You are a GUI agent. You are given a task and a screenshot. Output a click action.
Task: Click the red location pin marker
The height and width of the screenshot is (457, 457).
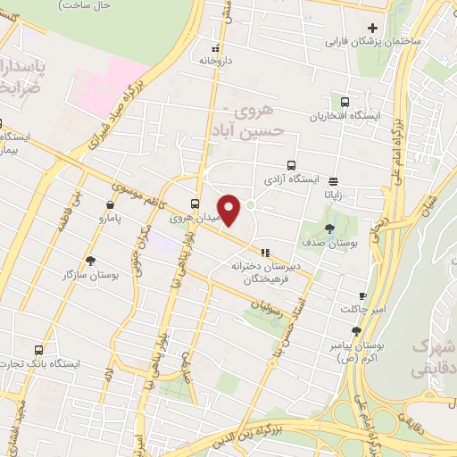[230, 211]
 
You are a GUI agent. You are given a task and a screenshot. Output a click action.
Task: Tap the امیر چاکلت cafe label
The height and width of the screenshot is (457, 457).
[361, 309]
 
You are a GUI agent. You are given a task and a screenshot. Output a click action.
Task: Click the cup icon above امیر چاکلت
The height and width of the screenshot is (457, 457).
[361, 295]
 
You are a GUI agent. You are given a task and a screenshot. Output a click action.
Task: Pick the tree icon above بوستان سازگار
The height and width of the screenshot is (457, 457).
[90, 260]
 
